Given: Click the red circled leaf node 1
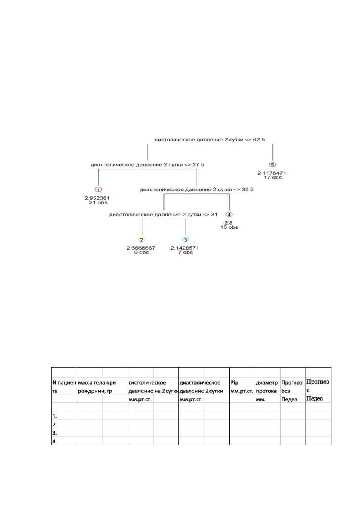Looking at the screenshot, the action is coord(98,190).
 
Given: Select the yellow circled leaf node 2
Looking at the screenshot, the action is coord(142,239).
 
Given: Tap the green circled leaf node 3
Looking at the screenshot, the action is coord(186,239).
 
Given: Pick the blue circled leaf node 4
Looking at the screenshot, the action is coord(229,215).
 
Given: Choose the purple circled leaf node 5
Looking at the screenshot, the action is coord(272,164).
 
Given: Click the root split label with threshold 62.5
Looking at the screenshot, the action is coord(210,140).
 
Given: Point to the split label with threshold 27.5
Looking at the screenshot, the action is coord(148,164).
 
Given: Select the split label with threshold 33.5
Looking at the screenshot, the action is coord(197,190).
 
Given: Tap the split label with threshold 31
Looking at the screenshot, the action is coord(163,215).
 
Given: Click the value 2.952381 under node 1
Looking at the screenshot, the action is coord(97,198).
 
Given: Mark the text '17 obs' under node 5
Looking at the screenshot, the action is coord(273,178).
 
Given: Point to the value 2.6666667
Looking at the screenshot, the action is coord(141,248).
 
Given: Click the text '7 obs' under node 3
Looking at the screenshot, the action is coord(185,253).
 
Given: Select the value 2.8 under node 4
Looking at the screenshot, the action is coord(228,223).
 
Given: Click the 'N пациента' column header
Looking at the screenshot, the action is coord(64,387).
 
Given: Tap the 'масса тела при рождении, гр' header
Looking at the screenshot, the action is coord(97,387).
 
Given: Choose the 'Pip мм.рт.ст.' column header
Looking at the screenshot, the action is coord(242,387).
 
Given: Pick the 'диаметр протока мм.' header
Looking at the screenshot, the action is coord(267,391).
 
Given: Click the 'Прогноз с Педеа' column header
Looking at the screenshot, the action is coord(318,390).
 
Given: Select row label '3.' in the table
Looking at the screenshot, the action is coord(55,433).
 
